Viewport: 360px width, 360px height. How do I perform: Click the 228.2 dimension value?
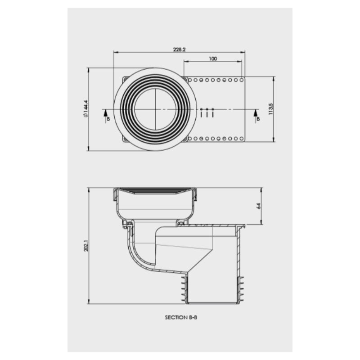pyautogui.click(x=179, y=49)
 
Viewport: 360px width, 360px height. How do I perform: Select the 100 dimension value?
pyautogui.click(x=213, y=59)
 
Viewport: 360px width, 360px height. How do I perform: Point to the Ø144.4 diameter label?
pyautogui.click(x=85, y=109)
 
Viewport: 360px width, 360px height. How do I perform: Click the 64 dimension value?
pyautogui.click(x=258, y=206)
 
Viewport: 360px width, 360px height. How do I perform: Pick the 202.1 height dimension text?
pyautogui.click(x=85, y=246)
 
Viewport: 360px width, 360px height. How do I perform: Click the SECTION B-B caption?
pyautogui.click(x=181, y=317)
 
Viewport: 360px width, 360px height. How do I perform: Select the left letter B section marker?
pyautogui.click(x=107, y=119)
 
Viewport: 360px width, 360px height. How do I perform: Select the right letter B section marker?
pyautogui.click(x=258, y=119)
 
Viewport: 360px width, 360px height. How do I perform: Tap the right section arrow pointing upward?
pyautogui.click(x=255, y=112)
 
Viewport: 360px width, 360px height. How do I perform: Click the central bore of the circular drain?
pyautogui.click(x=155, y=109)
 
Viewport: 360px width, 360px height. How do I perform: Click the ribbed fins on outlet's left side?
pyautogui.click(x=184, y=288)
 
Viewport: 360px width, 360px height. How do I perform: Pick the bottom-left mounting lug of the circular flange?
pyautogui.click(x=124, y=140)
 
